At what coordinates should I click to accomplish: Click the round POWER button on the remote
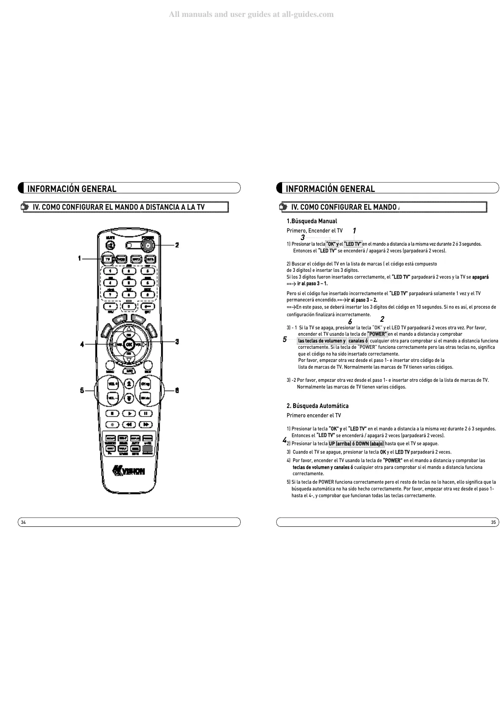click(147, 245)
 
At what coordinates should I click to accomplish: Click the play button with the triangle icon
click(129, 413)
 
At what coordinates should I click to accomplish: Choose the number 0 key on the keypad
click(129, 306)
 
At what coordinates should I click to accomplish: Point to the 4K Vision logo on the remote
click(129, 470)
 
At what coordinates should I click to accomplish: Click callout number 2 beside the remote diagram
click(177, 245)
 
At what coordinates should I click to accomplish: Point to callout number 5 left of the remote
click(82, 390)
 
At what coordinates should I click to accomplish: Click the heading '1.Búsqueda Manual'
click(312, 221)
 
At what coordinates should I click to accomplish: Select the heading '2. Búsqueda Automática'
click(318, 406)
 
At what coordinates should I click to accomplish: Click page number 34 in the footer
click(24, 522)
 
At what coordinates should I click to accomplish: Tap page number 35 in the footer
click(493, 522)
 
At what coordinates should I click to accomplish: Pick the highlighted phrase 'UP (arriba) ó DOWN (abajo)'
click(356, 444)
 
